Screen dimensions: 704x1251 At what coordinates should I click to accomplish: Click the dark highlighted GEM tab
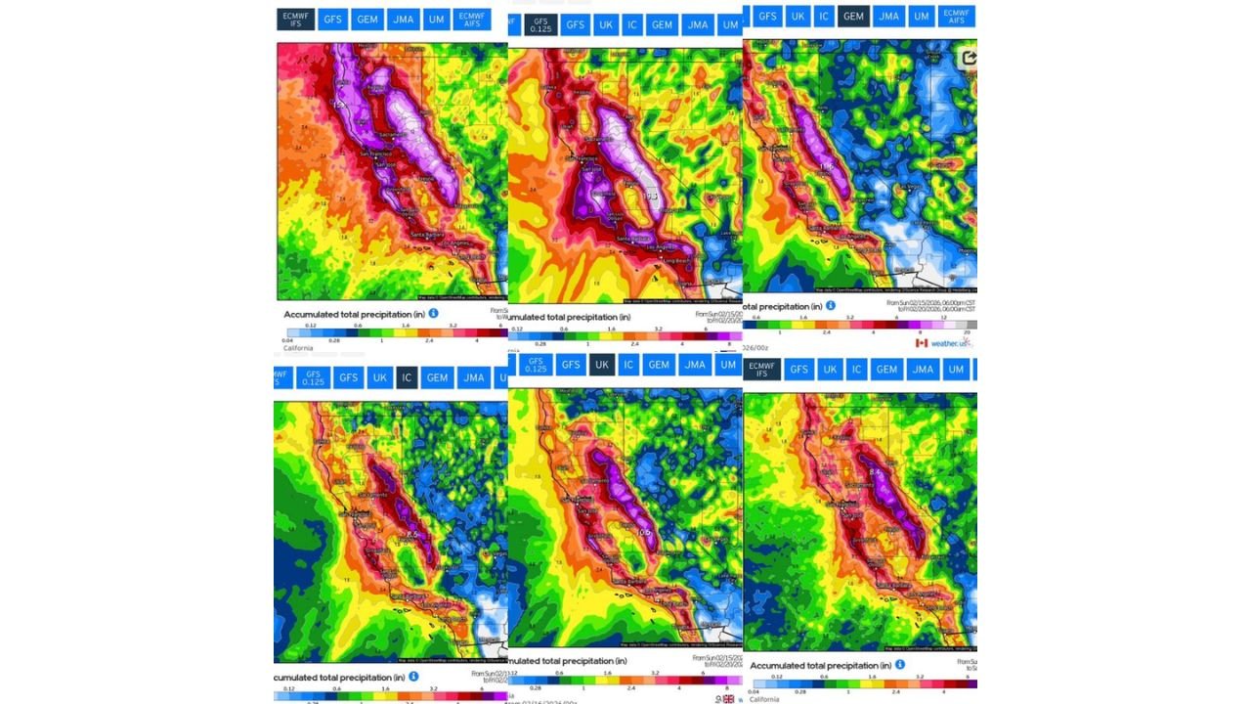click(853, 17)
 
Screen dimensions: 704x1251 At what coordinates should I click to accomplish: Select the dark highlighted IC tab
click(407, 377)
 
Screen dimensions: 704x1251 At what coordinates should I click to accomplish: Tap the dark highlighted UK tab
click(602, 365)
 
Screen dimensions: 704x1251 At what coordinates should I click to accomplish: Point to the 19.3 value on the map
click(650, 197)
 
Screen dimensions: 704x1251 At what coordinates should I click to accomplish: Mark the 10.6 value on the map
click(642, 532)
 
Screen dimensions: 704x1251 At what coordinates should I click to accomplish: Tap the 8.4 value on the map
click(875, 472)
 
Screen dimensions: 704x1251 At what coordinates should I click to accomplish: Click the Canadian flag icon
click(921, 343)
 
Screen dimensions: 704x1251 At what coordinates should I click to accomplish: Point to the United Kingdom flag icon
click(728, 698)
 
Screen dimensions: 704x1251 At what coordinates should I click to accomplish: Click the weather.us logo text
click(950, 343)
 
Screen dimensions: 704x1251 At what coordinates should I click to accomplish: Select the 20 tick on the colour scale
click(966, 332)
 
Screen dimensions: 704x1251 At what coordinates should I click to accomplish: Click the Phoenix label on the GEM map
click(966, 250)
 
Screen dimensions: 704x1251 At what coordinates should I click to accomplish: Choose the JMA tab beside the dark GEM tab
click(888, 17)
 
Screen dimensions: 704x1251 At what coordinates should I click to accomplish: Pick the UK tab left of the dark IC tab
click(379, 377)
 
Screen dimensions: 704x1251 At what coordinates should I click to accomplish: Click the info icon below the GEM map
click(831, 305)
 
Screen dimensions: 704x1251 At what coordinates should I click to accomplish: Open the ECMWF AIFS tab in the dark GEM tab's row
click(956, 17)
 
